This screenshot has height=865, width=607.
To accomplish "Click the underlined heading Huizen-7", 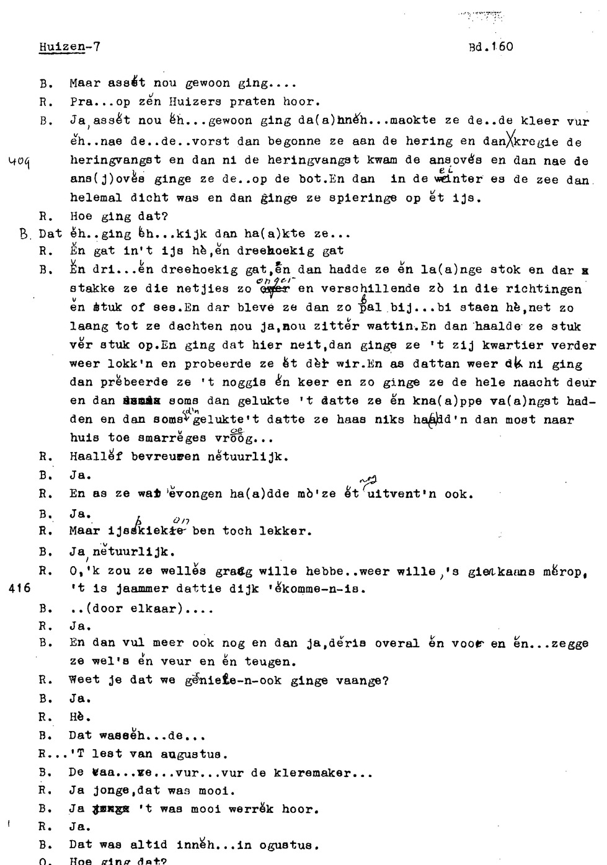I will pyautogui.click(x=69, y=47).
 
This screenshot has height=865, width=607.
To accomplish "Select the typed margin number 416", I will pyautogui.click(x=20, y=589).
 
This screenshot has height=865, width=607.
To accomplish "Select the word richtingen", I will pyautogui.click(x=543, y=289).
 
